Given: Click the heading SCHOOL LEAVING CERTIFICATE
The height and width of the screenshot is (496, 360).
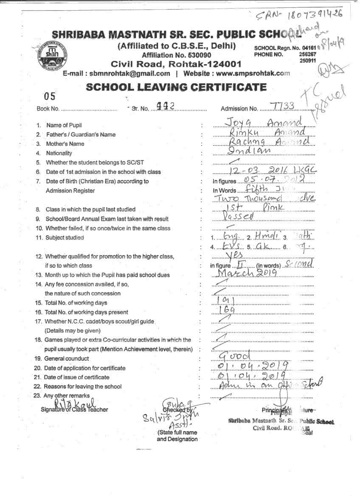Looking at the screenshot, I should [x=176, y=88].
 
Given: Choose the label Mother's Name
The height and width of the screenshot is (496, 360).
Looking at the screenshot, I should [x=65, y=144].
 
